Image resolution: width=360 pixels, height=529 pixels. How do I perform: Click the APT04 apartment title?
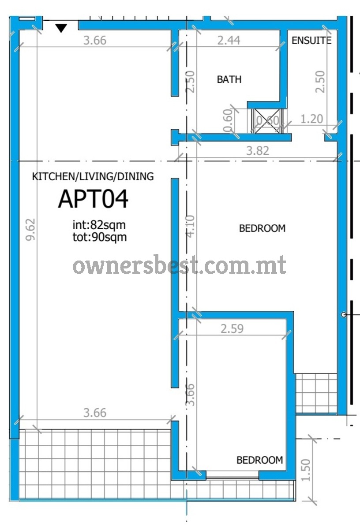coord(93,199)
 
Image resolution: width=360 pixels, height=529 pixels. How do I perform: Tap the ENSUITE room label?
coord(311,41)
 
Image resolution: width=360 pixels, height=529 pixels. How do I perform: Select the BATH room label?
coord(229,79)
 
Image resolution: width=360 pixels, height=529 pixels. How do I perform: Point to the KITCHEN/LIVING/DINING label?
coord(93,177)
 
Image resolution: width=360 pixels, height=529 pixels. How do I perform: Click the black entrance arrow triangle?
coord(61,28)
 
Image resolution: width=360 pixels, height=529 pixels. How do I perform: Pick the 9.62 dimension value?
coord(31,230)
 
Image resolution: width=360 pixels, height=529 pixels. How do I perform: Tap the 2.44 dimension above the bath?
coord(229,41)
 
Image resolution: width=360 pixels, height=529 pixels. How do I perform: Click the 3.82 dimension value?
coord(258,151)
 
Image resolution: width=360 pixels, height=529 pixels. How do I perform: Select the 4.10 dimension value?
coord(191,226)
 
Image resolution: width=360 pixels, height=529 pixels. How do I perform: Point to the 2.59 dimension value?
coord(232,328)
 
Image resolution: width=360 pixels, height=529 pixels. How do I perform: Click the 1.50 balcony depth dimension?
coord(305,470)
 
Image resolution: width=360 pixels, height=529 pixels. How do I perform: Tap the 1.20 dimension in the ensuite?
coord(311,119)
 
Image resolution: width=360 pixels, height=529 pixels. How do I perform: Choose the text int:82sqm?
coord(99,225)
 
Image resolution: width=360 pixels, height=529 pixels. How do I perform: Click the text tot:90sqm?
coord(100,237)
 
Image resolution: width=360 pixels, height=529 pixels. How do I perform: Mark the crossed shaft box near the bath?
coord(267,121)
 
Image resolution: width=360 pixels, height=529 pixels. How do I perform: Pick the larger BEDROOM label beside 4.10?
coord(262,228)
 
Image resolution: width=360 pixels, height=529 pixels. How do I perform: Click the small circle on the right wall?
coord(344,315)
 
